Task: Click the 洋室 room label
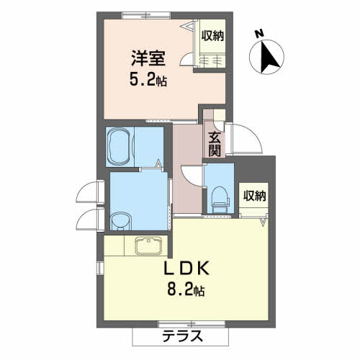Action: coord(148,58)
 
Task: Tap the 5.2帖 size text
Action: coord(148,80)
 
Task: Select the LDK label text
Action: coord(186,268)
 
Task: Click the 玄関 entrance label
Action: coord(215,144)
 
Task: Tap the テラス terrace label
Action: coord(182,336)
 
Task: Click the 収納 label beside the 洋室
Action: coord(212,36)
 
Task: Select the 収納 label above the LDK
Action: coord(254,196)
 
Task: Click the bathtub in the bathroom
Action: coord(120,146)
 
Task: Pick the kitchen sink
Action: coord(148,246)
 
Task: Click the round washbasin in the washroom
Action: coord(122,221)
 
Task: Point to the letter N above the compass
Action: coord(259,33)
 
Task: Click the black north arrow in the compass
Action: coord(269,58)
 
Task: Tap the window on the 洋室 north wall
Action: coord(147,15)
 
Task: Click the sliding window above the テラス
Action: coord(192,156)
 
